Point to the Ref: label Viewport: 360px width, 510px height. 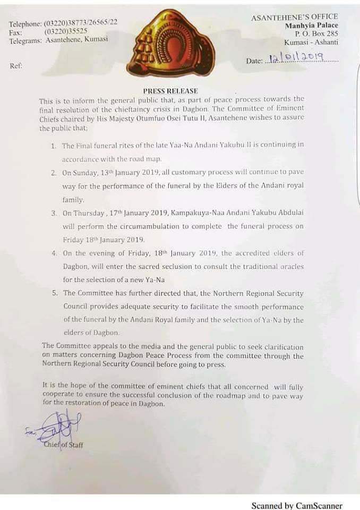coord(16,66)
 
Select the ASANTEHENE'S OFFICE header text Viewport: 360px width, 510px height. coord(295,17)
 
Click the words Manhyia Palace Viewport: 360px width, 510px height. coord(311,25)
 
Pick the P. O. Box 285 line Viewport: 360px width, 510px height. coord(313,33)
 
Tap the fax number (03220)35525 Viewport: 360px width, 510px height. coord(66,31)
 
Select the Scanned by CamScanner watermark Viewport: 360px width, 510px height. coord(297,506)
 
